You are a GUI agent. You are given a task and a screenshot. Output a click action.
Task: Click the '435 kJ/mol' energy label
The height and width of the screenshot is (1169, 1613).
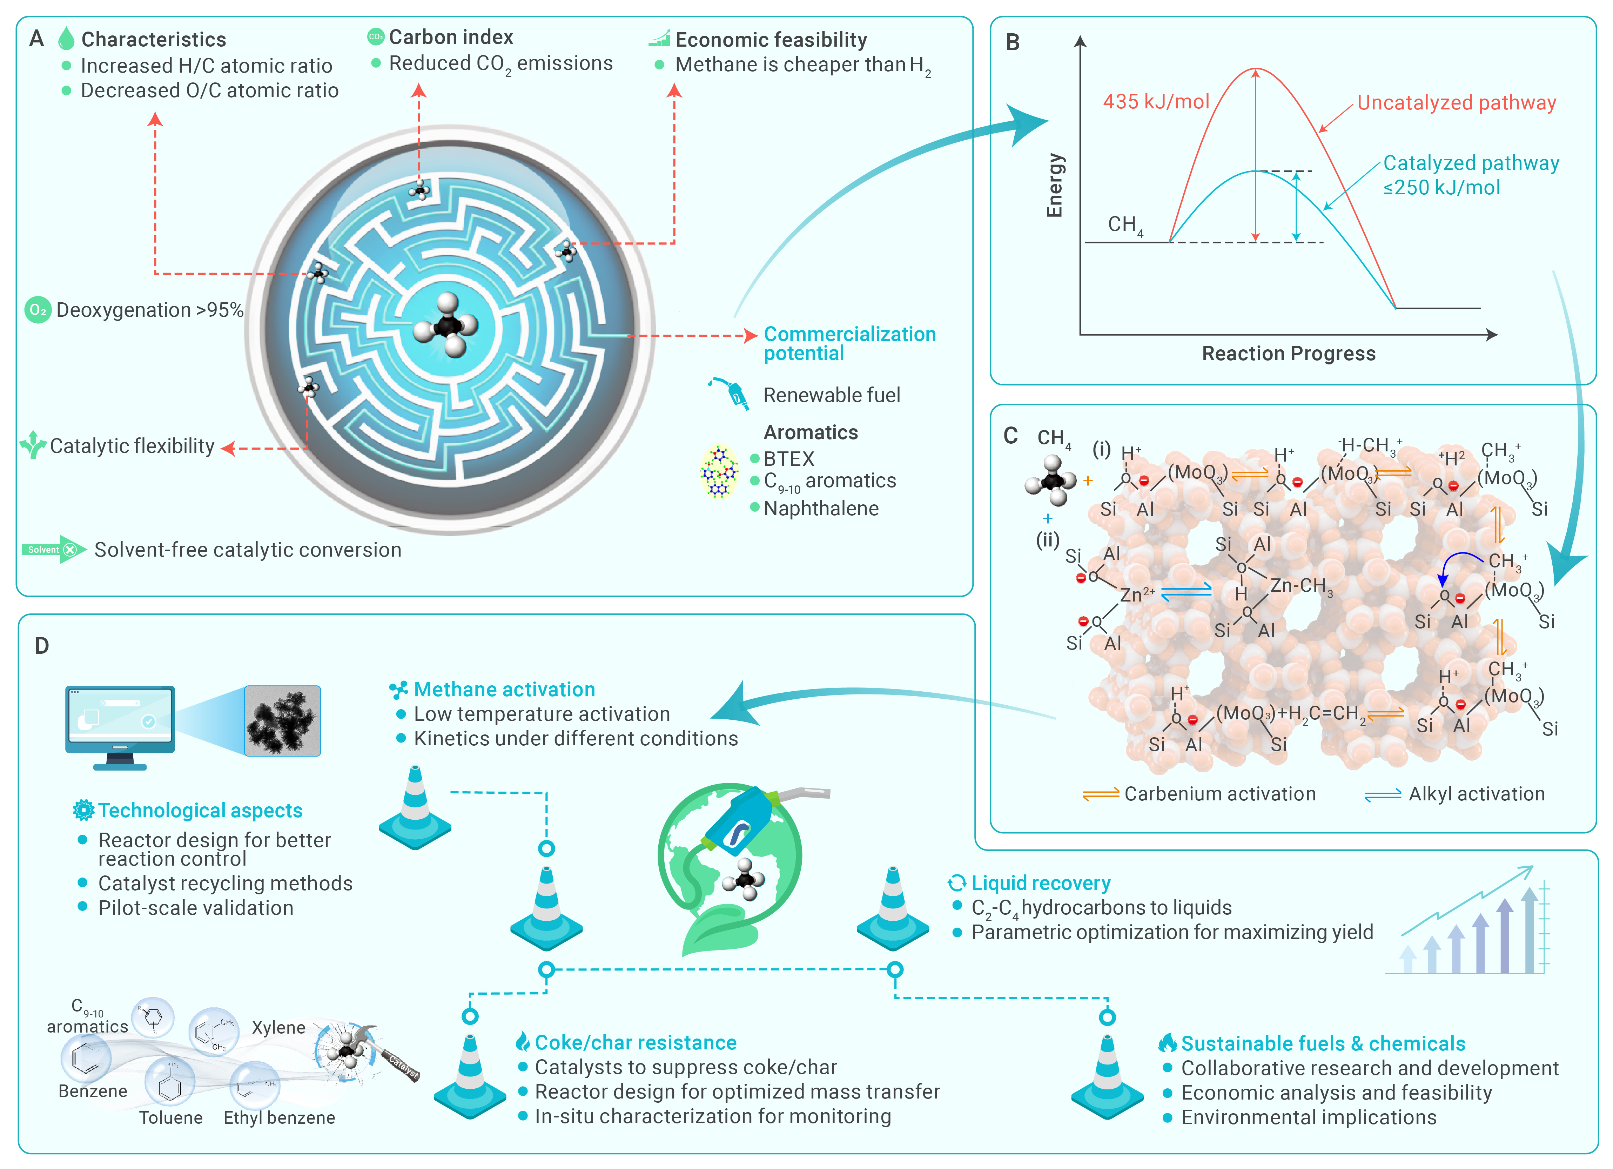pyautogui.click(x=1156, y=102)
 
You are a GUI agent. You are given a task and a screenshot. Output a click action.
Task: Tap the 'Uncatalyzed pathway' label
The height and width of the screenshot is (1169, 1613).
pyautogui.click(x=1457, y=103)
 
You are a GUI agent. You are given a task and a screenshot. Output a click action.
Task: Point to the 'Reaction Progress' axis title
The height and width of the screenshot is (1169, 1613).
pyautogui.click(x=1289, y=354)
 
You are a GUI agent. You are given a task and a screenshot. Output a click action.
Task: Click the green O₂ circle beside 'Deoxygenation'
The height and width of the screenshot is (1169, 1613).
pyautogui.click(x=38, y=310)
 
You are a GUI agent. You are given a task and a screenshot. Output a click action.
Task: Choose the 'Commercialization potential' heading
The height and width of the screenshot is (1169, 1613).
pyautogui.click(x=849, y=343)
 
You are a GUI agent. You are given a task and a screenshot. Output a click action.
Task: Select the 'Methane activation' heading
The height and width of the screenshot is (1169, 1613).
pyautogui.click(x=504, y=689)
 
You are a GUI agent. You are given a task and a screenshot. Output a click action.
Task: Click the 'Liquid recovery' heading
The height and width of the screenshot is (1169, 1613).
pyautogui.click(x=1041, y=883)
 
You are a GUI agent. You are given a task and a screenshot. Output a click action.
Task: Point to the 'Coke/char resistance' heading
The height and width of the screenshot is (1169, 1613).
pyautogui.click(x=635, y=1042)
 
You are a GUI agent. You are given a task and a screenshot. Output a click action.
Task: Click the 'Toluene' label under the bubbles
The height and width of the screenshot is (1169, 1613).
pyautogui.click(x=171, y=1118)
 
